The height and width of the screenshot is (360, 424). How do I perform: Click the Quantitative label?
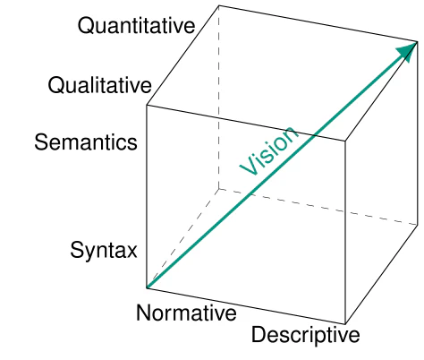coord(136,26)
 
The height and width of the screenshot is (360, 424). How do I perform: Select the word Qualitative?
coord(99,85)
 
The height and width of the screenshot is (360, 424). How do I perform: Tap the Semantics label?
coord(86,142)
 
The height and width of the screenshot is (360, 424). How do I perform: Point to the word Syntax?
coord(104,251)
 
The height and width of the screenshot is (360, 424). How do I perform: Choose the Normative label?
coord(186,313)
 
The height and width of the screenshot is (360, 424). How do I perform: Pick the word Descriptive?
coord(306,336)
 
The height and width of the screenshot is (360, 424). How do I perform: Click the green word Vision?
coord(269,150)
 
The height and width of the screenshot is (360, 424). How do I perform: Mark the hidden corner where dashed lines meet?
coord(219,189)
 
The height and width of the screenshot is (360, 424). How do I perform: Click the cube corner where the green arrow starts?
coord(147,287)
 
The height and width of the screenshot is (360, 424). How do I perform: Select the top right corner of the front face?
coord(345,141)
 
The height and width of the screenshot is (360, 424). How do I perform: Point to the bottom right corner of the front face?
coord(345,324)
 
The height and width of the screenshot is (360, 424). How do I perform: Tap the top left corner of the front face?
coord(147,105)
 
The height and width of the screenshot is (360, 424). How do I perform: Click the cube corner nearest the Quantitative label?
coord(219,5)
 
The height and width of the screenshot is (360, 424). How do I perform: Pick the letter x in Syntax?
coord(131,252)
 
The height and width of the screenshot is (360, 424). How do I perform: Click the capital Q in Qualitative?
coord(55,86)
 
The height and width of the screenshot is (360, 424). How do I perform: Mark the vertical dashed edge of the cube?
coord(219,97)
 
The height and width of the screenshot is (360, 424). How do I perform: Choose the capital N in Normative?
coord(143,313)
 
